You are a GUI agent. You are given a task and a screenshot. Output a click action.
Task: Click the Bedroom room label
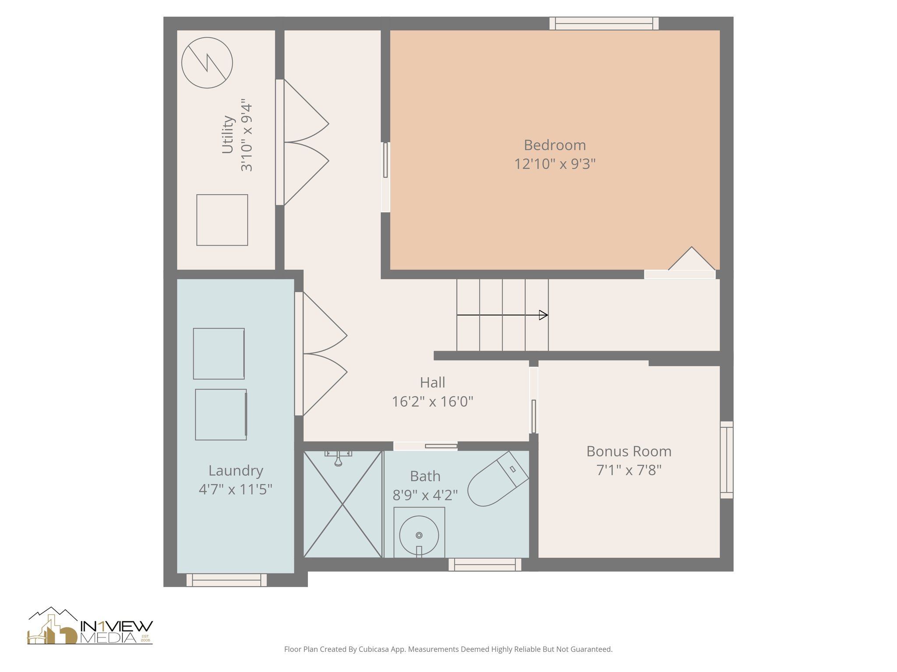tap(554, 145)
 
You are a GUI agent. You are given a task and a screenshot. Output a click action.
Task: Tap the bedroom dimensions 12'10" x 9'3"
tap(554, 164)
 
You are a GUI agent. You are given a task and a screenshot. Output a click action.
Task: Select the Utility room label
tap(227, 134)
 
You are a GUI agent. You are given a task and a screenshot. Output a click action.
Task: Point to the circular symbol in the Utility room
tap(207, 63)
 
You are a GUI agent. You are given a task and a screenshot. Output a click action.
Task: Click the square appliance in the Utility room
tap(222, 220)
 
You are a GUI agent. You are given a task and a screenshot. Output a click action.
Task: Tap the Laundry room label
tap(236, 471)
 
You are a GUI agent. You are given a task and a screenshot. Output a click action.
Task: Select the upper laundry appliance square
tap(219, 353)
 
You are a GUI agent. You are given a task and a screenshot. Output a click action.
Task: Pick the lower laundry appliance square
tap(221, 414)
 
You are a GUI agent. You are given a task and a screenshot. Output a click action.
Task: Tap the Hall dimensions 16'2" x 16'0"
tap(432, 402)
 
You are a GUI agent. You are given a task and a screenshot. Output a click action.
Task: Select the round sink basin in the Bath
tap(419, 535)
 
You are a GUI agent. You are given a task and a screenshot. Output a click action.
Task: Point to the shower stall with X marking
tap(343, 504)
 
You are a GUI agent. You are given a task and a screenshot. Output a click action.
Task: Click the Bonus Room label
tap(629, 451)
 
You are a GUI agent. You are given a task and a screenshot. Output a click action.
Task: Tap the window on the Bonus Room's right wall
tap(726, 460)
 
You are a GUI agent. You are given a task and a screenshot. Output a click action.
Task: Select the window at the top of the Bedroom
tap(604, 24)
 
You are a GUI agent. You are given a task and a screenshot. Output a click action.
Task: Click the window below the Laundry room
tap(226, 580)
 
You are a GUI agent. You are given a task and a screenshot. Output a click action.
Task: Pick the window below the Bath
tap(485, 565)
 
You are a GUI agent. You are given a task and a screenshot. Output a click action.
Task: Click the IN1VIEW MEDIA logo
tap(90, 626)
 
